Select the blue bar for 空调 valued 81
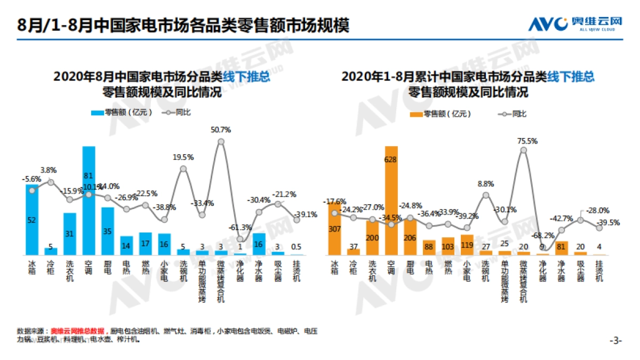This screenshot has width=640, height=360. [89, 200]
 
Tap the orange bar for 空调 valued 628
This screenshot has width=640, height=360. [391, 200]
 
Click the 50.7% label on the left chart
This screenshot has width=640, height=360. [221, 130]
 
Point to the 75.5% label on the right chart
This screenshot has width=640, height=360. [527, 141]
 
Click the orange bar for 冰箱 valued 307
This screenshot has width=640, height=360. [334, 228]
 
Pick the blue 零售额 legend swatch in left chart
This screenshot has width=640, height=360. [97, 113]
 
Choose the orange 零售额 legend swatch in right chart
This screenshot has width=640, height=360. [416, 114]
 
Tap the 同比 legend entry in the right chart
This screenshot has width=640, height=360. [512, 114]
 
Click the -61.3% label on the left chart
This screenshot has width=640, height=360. [242, 227]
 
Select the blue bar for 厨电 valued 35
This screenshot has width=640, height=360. [108, 231]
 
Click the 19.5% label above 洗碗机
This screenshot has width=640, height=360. [183, 157]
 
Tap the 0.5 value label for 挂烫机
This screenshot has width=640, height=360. [297, 246]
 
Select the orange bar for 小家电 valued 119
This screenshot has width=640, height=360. [467, 245]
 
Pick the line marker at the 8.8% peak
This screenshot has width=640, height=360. [485, 195]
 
